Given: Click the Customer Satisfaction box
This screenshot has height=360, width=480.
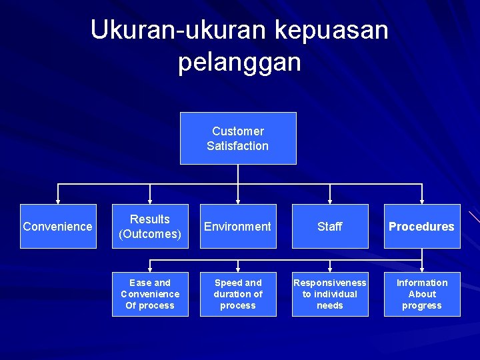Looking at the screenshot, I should click(x=238, y=138).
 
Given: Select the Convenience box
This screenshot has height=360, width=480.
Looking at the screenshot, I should click(x=58, y=226).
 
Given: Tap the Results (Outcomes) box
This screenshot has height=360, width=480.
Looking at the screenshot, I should click(x=150, y=226).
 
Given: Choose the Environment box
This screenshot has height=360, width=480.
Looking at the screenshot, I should click(x=238, y=226).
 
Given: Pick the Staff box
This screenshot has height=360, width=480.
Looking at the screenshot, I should click(x=330, y=226).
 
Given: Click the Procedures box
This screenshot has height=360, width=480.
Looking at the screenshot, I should click(x=422, y=226).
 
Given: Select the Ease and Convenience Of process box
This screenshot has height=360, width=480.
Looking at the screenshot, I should click(x=150, y=294).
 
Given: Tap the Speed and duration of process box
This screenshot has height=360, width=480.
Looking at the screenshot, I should click(x=238, y=294).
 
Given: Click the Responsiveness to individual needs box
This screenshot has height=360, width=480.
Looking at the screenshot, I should click(x=330, y=294).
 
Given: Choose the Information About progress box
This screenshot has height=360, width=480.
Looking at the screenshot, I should click(x=422, y=294).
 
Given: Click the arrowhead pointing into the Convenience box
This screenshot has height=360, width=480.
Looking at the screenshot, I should click(x=58, y=200).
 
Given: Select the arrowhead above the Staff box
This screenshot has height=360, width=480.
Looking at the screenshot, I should click(x=330, y=200).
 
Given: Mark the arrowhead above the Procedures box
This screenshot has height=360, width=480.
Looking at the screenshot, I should click(x=422, y=200).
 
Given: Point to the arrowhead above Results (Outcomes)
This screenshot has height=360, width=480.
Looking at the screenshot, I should click(x=150, y=200).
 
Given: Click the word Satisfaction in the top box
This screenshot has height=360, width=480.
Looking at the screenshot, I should click(x=238, y=146).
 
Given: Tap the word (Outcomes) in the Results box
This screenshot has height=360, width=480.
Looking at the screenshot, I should click(x=150, y=234).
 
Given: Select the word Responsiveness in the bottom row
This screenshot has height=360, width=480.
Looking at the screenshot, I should click(x=330, y=283).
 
